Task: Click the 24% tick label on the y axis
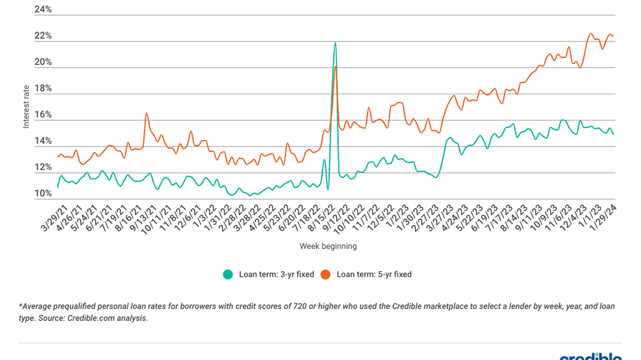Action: pyautogui.click(x=43, y=10)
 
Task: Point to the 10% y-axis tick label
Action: pyautogui.click(x=43, y=194)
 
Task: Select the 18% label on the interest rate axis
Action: pyautogui.click(x=43, y=89)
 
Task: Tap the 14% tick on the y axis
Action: pyautogui.click(x=43, y=141)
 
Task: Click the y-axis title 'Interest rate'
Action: pyautogui.click(x=26, y=106)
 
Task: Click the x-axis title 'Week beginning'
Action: pyautogui.click(x=328, y=246)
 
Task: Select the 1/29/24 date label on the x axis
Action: pyautogui.click(x=605, y=219)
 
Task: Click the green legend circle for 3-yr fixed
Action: pyautogui.click(x=227, y=274)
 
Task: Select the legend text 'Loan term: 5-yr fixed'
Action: pyautogui.click(x=374, y=274)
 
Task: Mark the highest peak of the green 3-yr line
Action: pyautogui.click(x=335, y=43)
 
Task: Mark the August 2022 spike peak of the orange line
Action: pyautogui.click(x=335, y=67)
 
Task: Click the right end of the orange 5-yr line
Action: pyautogui.click(x=613, y=36)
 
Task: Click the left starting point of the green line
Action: pyautogui.click(x=58, y=187)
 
